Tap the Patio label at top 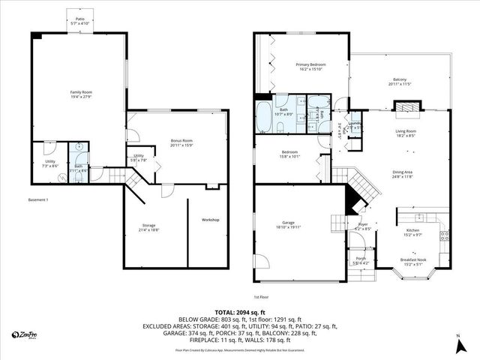79,21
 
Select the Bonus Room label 181,142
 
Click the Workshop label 210,220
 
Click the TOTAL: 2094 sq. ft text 240,311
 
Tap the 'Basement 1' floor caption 37,199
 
